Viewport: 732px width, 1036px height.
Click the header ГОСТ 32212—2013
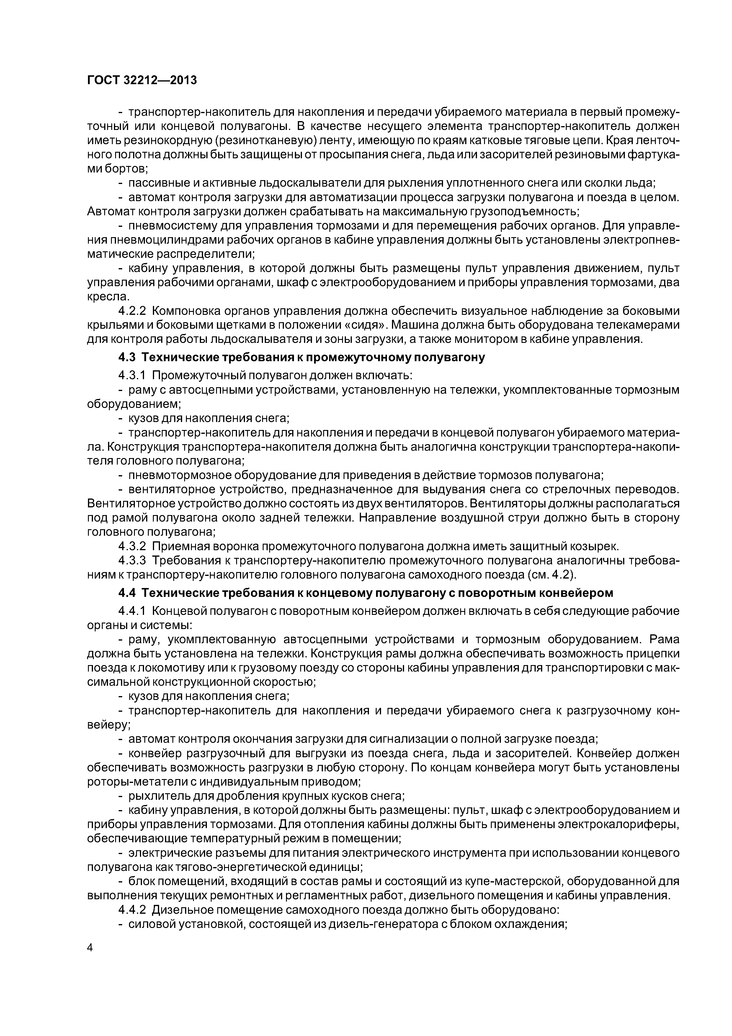click(x=142, y=80)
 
